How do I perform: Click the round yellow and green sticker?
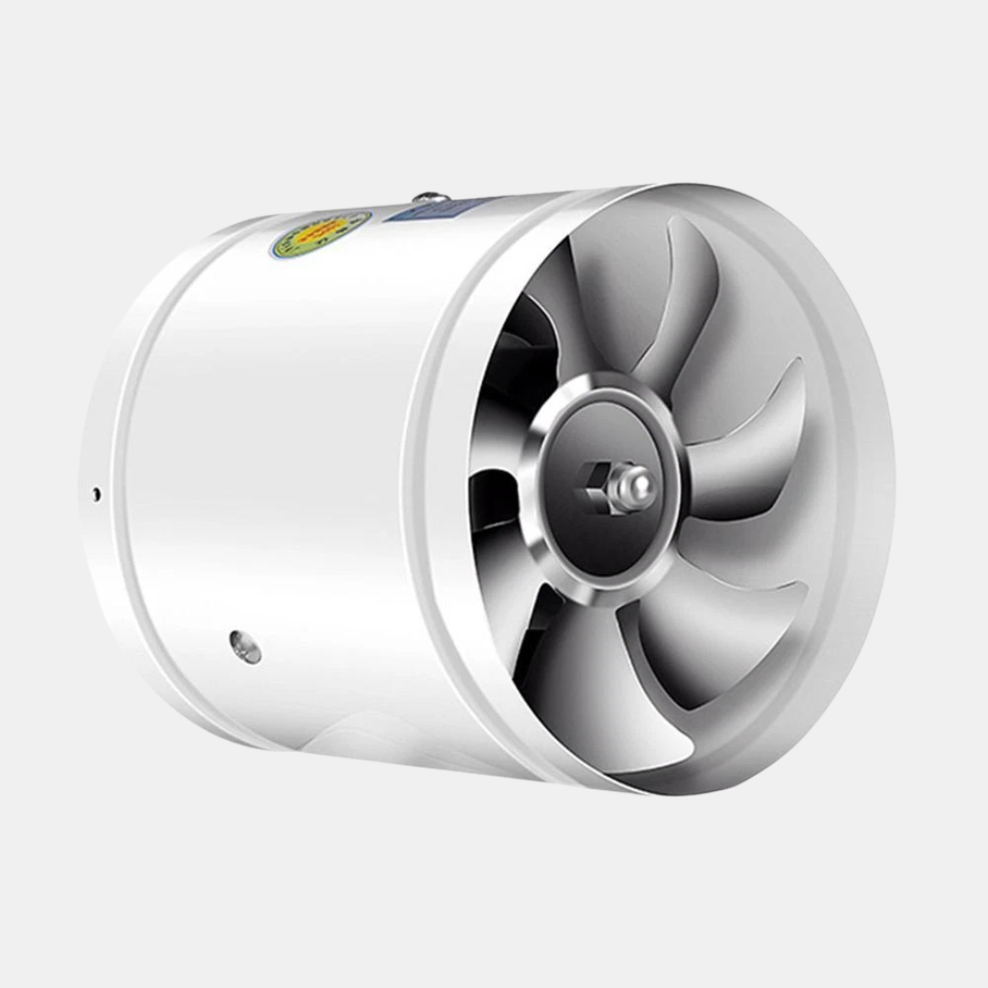(x=320, y=234)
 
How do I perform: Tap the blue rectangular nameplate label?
(x=428, y=210)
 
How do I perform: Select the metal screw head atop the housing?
(x=430, y=198)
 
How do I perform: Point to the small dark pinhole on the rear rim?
(x=96, y=494)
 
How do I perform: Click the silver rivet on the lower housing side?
(x=245, y=646)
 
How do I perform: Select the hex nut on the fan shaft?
(x=595, y=480)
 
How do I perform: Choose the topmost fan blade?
(x=677, y=302)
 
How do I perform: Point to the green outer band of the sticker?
(x=284, y=245)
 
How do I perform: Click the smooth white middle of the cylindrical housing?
(x=274, y=457)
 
